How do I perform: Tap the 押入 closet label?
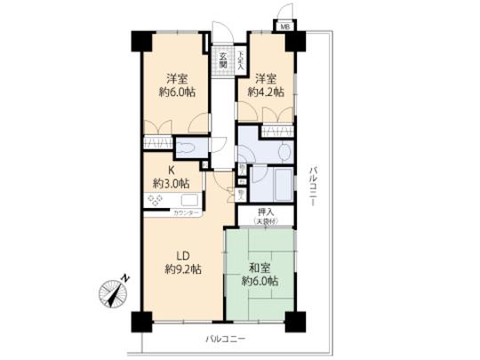point(266,212)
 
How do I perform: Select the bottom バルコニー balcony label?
point(225,339)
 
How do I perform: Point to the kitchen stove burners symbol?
point(156,203)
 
